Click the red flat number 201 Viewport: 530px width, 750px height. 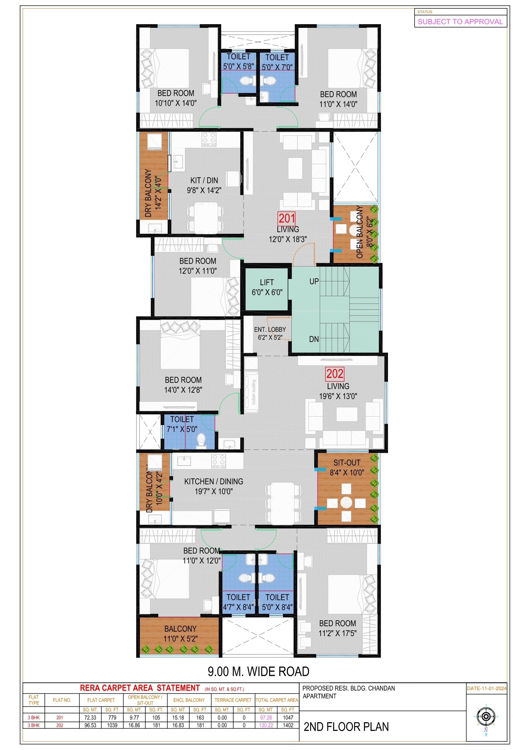pyautogui.click(x=287, y=218)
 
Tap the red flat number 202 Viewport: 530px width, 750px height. pyautogui.click(x=335, y=374)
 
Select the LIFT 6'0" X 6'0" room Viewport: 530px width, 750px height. pyautogui.click(x=267, y=287)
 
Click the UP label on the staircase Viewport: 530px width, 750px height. pyautogui.click(x=314, y=281)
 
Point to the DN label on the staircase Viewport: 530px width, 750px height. pyautogui.click(x=314, y=339)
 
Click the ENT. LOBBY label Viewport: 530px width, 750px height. pyautogui.click(x=270, y=330)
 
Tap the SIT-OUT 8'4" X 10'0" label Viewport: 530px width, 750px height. pyautogui.click(x=347, y=467)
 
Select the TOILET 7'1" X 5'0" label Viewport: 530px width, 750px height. pyautogui.click(x=182, y=424)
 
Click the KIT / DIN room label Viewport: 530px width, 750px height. pyautogui.click(x=204, y=185)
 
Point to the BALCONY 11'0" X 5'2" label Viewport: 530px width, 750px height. pyautogui.click(x=180, y=634)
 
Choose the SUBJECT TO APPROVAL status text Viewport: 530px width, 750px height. pyautogui.click(x=460, y=21)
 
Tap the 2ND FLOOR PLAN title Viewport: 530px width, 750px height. pyautogui.click(x=346, y=727)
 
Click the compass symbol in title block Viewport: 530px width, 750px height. pyautogui.click(x=486, y=717)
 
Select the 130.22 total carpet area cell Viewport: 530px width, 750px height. pyautogui.click(x=266, y=725)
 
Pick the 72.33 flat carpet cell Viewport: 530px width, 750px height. pyautogui.click(x=90, y=718)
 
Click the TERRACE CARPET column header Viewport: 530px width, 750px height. pyautogui.click(x=233, y=700)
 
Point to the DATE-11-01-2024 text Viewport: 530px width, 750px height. pyautogui.click(x=486, y=688)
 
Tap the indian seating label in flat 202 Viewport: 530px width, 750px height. pyautogui.click(x=254, y=392)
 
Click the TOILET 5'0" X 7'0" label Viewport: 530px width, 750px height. pyautogui.click(x=277, y=62)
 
